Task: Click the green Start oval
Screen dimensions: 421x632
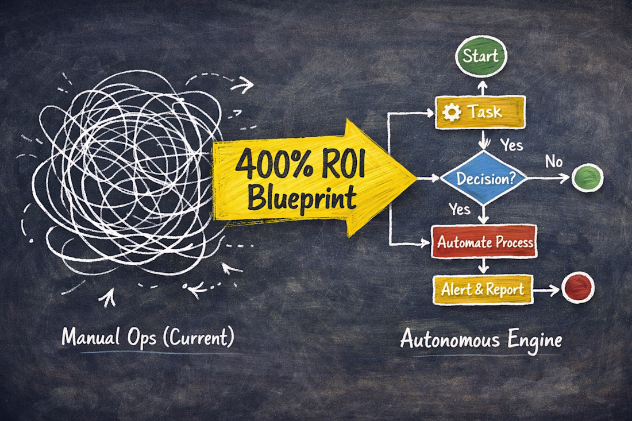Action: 481,56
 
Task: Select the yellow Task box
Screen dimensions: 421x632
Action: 481,111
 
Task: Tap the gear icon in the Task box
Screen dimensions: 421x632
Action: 452,113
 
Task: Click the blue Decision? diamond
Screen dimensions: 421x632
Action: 484,178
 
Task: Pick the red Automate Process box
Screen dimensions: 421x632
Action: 485,241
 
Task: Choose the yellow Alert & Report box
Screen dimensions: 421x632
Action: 483,290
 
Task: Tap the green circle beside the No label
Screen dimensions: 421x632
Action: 587,177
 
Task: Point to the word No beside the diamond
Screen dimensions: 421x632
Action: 553,161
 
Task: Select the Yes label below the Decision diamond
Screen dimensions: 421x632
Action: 460,209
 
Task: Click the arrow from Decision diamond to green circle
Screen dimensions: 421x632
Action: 548,179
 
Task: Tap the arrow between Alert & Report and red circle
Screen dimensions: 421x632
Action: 546,291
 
